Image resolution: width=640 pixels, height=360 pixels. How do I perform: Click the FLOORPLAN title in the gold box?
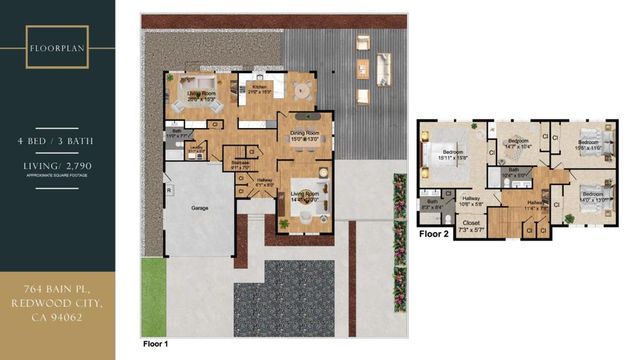pos(56,47)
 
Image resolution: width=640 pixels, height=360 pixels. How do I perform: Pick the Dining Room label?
pos(304,136)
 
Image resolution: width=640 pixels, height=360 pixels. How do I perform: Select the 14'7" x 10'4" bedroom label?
pos(517,144)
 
